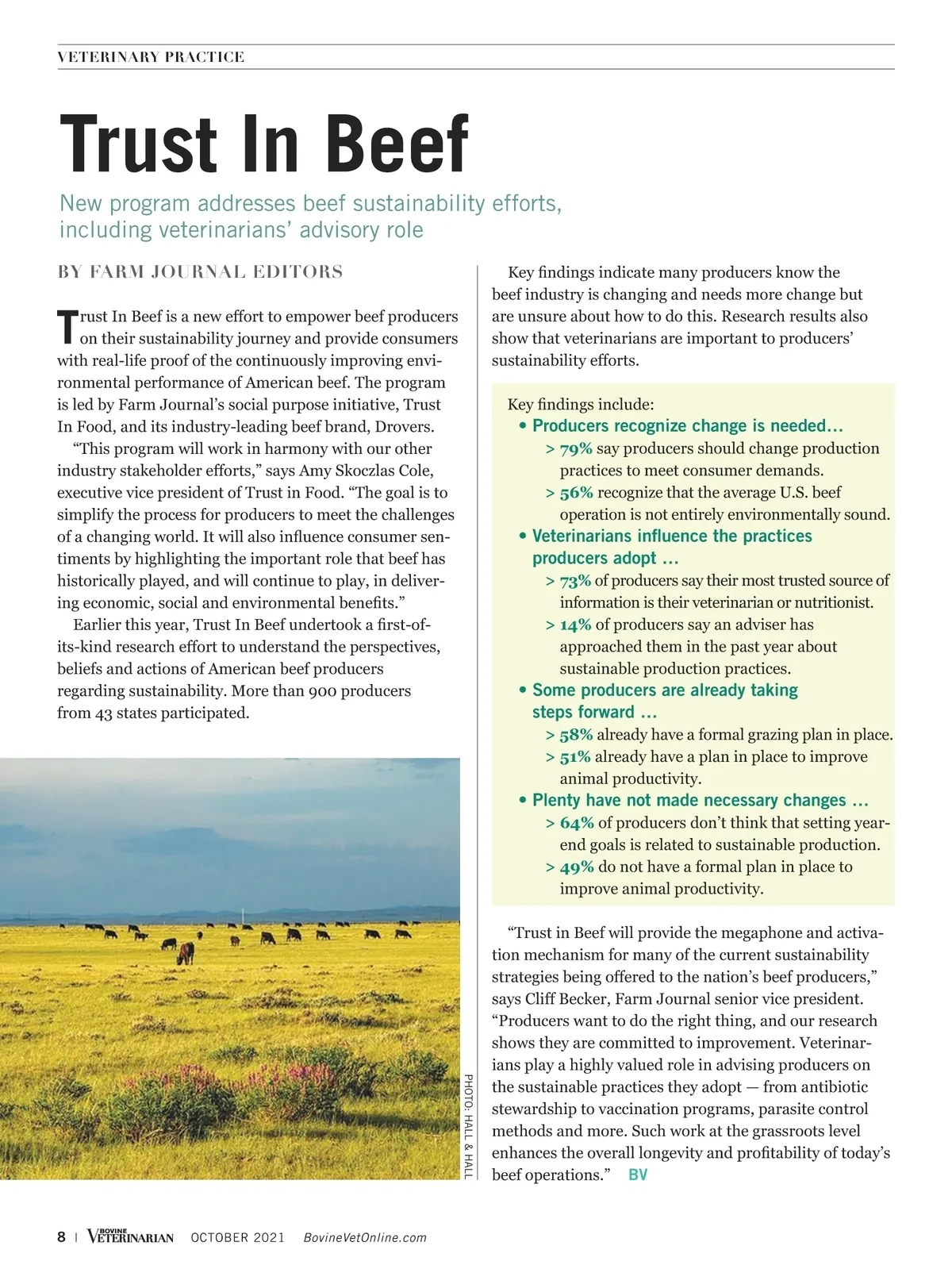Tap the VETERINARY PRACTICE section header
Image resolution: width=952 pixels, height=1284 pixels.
(151, 57)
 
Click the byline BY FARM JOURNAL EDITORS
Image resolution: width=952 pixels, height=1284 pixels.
(200, 272)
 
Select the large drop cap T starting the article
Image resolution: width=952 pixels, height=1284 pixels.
(67, 327)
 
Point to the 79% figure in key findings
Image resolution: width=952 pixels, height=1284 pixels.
(575, 449)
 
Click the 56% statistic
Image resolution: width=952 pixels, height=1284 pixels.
(576, 493)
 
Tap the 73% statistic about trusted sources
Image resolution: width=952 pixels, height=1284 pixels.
(575, 581)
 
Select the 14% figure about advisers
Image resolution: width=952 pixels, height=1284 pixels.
(575, 625)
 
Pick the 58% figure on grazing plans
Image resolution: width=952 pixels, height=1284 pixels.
(576, 735)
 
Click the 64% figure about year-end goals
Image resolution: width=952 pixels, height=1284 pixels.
(577, 823)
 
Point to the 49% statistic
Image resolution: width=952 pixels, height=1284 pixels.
(577, 867)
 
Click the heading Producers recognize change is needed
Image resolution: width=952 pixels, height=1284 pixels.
(687, 426)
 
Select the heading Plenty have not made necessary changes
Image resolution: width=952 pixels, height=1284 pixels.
(700, 800)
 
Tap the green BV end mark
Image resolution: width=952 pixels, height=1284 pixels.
(638, 1174)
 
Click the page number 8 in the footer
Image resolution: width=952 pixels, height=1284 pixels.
(62, 1237)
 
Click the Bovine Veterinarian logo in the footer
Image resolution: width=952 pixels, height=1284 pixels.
(130, 1236)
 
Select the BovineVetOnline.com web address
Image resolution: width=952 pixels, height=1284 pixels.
(365, 1238)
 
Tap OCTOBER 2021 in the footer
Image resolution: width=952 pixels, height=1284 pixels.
(237, 1238)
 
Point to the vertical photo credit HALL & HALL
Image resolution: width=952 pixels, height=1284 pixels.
(468, 1126)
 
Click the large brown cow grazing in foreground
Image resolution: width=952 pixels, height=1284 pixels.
(185, 952)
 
